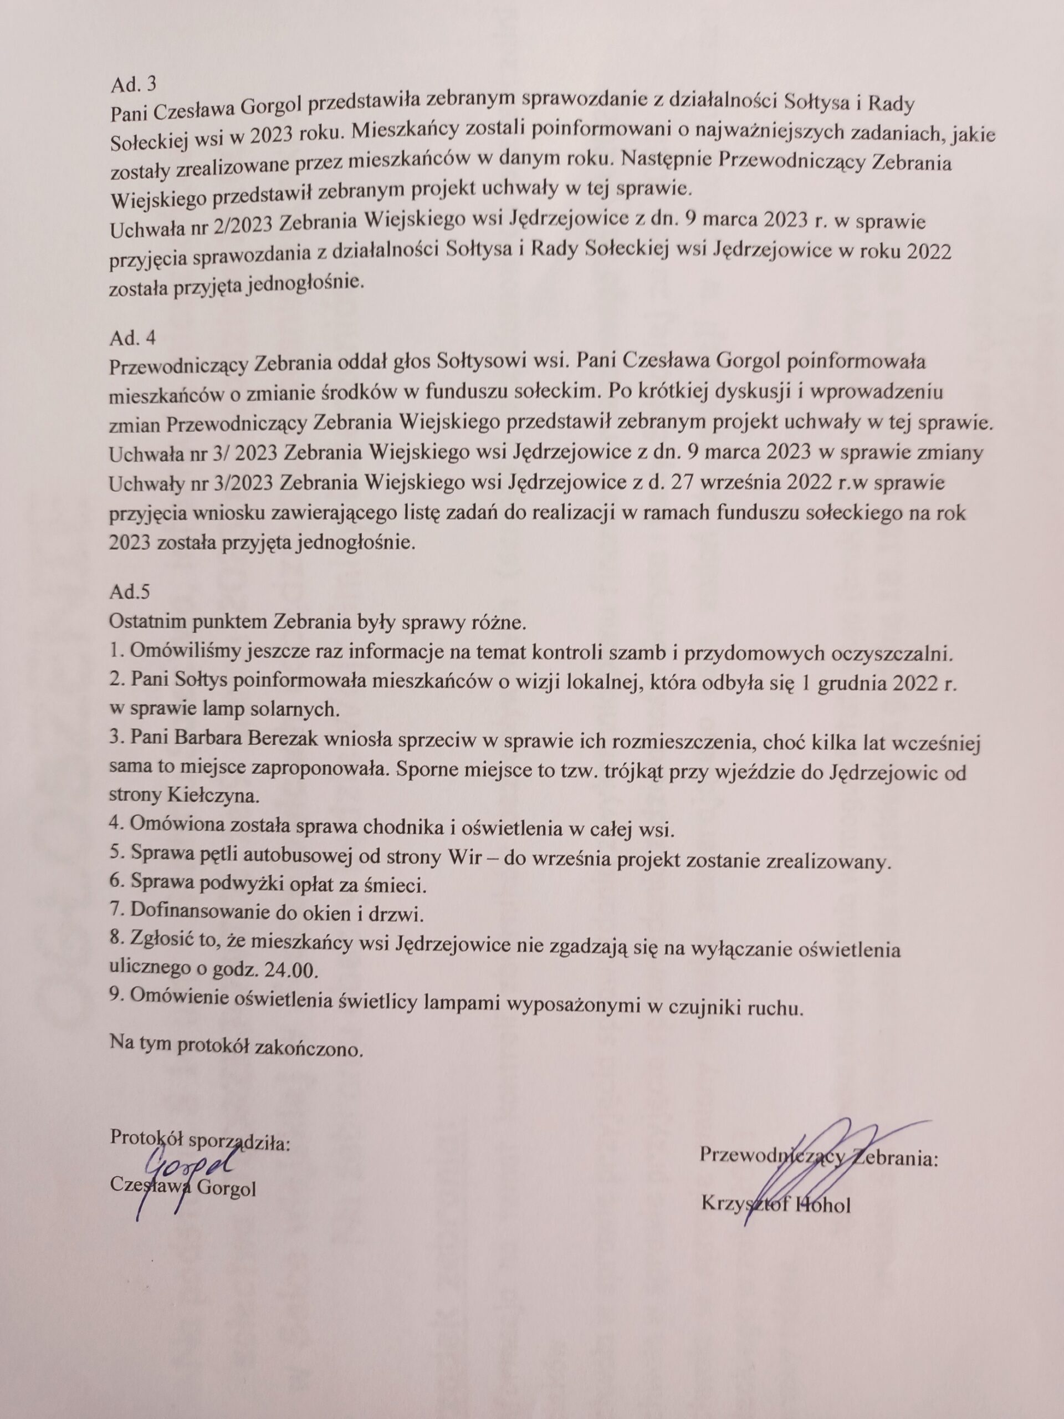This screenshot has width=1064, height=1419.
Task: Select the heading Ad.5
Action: pyautogui.click(x=130, y=591)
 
